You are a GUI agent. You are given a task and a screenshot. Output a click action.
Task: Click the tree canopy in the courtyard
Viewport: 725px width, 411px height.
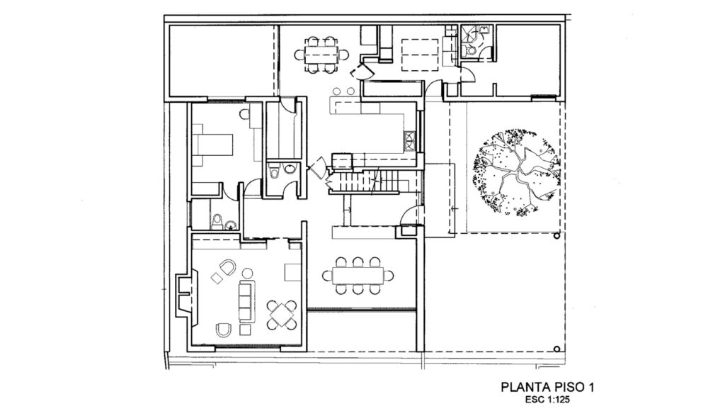coord(515,171)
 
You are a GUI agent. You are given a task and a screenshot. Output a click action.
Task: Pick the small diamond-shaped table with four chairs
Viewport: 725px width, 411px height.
coord(283,313)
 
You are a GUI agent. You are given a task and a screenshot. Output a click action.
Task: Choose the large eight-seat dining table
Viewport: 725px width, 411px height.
coord(358,274)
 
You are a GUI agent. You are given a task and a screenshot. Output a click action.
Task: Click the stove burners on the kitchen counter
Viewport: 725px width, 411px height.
coord(409,140)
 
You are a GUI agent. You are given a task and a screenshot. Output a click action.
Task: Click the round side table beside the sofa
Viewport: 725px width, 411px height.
coord(247,271)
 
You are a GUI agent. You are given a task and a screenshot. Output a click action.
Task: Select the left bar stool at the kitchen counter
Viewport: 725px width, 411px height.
coord(336,91)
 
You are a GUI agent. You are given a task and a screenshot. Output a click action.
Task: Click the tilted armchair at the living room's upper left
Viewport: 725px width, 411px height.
coord(227,268)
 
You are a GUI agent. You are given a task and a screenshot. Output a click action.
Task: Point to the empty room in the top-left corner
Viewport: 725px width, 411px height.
coord(221,60)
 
